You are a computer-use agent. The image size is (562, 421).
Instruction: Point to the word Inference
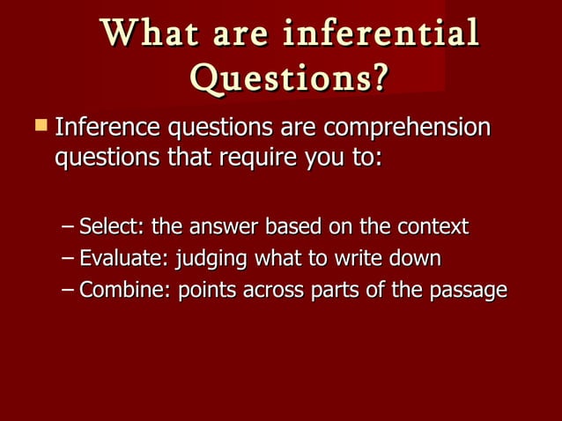[x=102, y=129]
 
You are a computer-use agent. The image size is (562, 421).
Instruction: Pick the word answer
[x=226, y=226]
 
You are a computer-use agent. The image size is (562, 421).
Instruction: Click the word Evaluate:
[x=124, y=259]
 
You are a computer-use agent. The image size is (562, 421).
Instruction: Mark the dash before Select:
[x=69, y=227]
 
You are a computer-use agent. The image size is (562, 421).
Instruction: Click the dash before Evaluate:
[x=69, y=259]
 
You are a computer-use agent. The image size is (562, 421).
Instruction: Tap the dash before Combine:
[x=69, y=291]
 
